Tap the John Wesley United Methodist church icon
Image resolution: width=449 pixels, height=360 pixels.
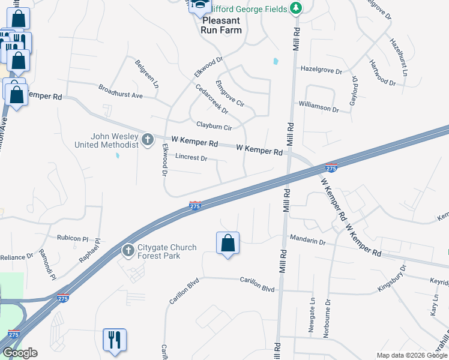coord(148,140)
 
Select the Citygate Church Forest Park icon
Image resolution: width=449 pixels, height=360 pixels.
coord(127,250)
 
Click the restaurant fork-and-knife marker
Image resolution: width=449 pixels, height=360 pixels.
coord(114,340)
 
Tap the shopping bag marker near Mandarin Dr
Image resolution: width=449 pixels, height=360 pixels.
coord(228,244)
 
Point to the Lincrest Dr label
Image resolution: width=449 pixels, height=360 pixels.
coord(191,158)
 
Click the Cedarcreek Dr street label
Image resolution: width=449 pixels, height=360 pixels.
coord(212,98)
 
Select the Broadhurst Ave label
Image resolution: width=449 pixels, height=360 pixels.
coord(121,91)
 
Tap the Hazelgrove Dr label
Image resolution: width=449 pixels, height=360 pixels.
coord(321,71)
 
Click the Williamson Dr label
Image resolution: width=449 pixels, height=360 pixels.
coord(319,109)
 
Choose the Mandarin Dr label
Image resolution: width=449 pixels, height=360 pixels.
coord(307,242)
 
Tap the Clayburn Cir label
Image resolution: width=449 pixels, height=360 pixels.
coord(214,127)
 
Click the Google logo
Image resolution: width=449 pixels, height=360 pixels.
coord(20,353)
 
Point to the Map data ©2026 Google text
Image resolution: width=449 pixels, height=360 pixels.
coord(411,355)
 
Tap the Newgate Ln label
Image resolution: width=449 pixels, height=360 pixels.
coord(312,315)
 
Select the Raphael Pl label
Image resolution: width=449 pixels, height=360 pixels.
coord(89,251)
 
